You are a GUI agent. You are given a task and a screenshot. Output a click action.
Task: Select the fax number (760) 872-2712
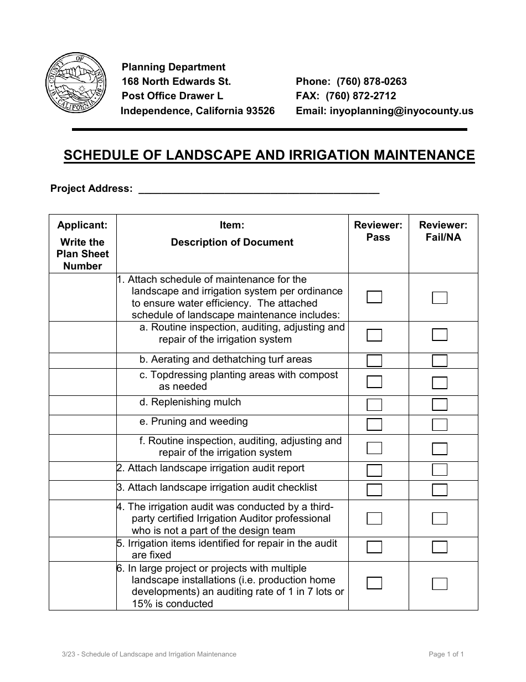(360, 96)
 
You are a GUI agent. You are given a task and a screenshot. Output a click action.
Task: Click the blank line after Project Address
(258, 189)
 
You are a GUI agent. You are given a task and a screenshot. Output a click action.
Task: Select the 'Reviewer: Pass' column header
(378, 231)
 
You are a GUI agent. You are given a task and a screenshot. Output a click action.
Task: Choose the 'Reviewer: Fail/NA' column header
(443, 231)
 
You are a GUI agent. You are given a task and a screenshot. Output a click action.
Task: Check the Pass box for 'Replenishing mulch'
(374, 405)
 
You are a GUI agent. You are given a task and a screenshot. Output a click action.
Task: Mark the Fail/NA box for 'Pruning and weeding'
(440, 425)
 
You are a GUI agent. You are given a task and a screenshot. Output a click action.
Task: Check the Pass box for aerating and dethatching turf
(374, 360)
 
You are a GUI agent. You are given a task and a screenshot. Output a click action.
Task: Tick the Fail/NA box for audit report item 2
(440, 470)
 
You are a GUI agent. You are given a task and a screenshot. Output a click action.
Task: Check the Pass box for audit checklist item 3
(374, 490)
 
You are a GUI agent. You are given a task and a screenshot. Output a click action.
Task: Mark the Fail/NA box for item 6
(440, 583)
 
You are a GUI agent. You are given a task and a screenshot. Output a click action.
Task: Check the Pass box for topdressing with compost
(374, 381)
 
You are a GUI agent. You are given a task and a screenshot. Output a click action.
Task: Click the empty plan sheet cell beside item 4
(82, 518)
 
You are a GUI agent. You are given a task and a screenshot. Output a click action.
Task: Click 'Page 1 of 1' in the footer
(446, 654)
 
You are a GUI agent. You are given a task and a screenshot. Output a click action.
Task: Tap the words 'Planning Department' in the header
(173, 67)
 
